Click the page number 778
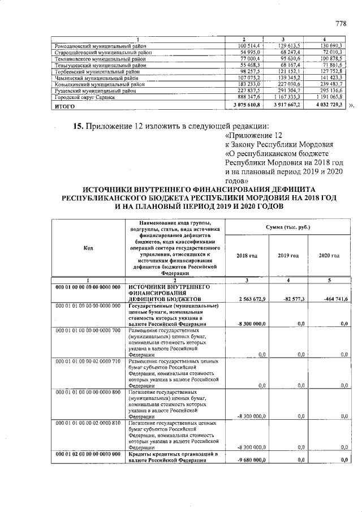point(341,24)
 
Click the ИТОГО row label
point(63,105)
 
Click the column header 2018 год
point(247,256)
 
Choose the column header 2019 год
point(288,256)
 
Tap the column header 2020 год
point(329,256)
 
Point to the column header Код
point(88,248)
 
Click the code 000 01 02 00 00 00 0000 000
point(88,454)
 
